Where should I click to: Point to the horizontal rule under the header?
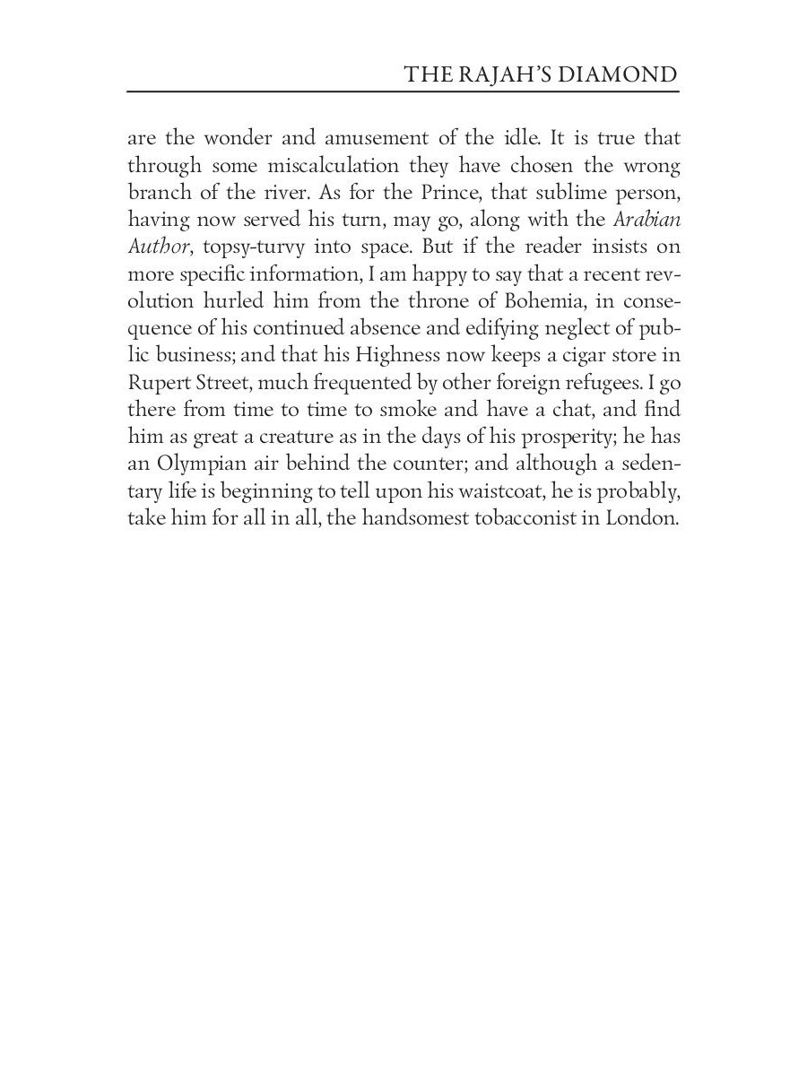pyautogui.click(x=403, y=91)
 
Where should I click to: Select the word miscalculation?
pyautogui.click(x=334, y=167)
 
